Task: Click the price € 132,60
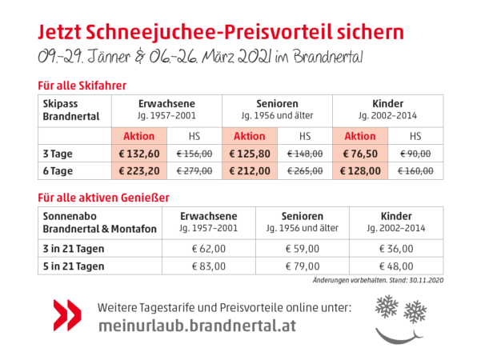click(x=139, y=154)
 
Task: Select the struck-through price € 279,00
click(x=194, y=171)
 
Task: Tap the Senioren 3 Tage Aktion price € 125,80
click(x=250, y=154)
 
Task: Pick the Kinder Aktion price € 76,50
click(x=360, y=154)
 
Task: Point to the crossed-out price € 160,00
click(x=415, y=171)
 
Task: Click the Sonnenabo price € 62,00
click(x=209, y=249)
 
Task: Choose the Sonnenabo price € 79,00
click(x=303, y=266)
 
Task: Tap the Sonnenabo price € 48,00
click(x=396, y=266)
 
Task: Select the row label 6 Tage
click(x=58, y=171)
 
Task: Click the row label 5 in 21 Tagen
click(x=74, y=266)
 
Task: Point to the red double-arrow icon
click(x=67, y=315)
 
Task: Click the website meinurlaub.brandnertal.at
click(x=197, y=326)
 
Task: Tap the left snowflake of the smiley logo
click(x=387, y=306)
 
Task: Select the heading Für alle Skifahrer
click(x=82, y=86)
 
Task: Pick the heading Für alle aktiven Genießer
click(x=103, y=198)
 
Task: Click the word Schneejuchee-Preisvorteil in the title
click(x=208, y=32)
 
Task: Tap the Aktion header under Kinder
click(x=360, y=136)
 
